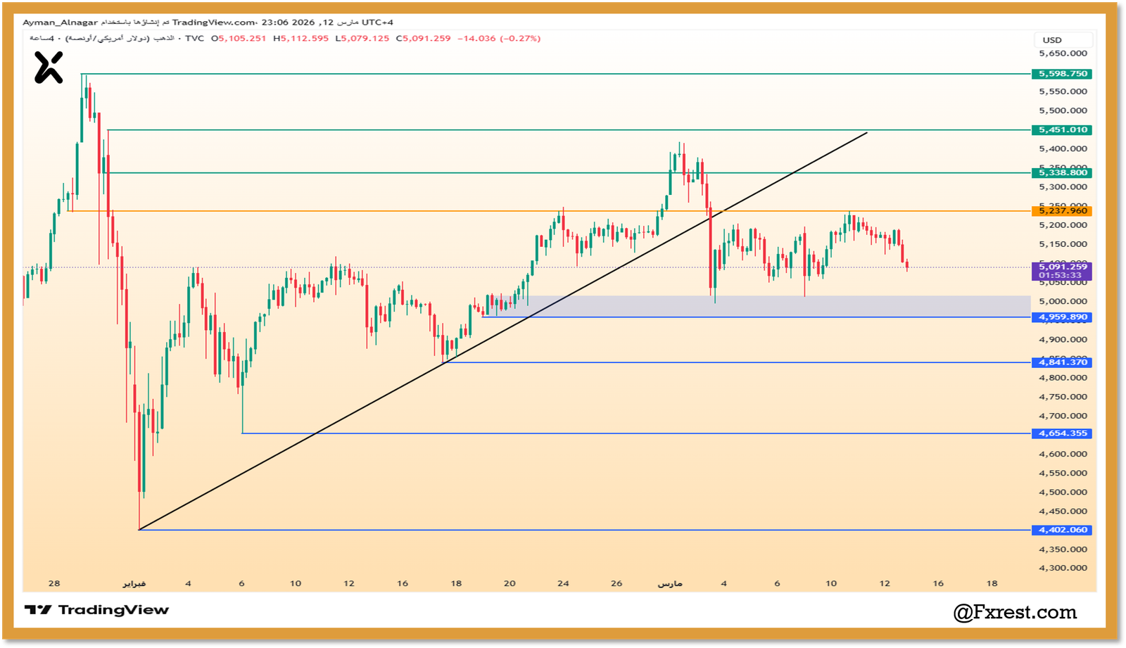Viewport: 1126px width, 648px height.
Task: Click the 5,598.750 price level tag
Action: tap(1063, 74)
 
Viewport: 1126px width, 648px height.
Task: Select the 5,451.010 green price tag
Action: tap(1063, 130)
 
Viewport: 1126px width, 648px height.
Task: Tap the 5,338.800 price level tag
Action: tap(1063, 173)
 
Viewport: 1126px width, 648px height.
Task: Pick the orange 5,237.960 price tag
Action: tap(1063, 211)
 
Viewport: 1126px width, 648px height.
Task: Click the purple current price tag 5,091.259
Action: tap(1063, 271)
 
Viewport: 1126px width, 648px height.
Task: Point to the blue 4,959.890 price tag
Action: tap(1063, 317)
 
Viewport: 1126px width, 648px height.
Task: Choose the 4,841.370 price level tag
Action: tap(1063, 362)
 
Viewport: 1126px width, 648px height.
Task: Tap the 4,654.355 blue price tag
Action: tap(1063, 433)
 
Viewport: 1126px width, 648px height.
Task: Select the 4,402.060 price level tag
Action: tap(1063, 530)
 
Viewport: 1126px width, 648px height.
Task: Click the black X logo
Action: tap(49, 68)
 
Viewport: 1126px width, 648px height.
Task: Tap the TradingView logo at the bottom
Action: tap(97, 610)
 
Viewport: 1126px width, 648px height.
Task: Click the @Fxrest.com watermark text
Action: tap(1015, 612)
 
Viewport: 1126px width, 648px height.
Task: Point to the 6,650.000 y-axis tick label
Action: tap(1063, 53)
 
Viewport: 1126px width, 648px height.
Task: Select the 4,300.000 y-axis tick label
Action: tap(1063, 568)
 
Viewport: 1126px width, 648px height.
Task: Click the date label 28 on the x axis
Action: tap(54, 583)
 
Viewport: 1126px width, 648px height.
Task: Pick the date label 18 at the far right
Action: tap(992, 583)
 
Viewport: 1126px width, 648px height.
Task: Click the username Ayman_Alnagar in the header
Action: tap(60, 23)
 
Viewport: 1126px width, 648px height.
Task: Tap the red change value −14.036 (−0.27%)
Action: tap(499, 39)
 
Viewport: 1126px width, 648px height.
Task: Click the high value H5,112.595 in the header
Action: tap(301, 39)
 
